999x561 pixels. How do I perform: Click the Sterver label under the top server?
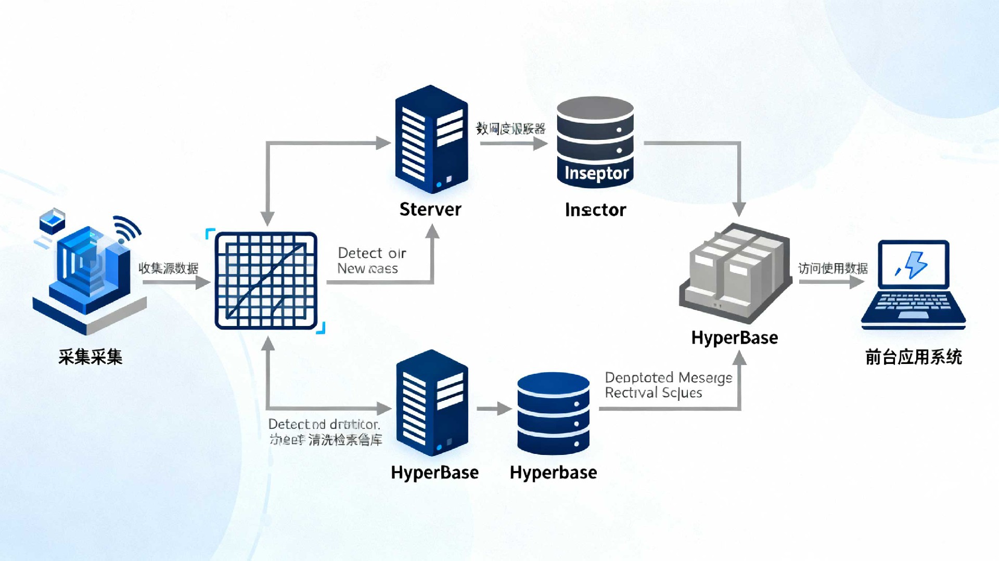pos(430,209)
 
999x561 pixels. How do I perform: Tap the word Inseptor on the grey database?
pos(596,173)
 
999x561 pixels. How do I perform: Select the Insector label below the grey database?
pos(596,210)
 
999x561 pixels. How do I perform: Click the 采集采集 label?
pos(91,357)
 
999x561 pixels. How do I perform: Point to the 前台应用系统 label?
pos(913,357)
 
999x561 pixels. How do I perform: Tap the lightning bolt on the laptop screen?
pos(915,264)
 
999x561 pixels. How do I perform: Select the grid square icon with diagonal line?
pos(266,281)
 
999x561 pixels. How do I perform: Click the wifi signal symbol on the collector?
pos(126,229)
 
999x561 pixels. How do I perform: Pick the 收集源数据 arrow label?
pos(168,268)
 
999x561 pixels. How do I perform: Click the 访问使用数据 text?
pos(833,268)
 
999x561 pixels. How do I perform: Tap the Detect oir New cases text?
pos(371,260)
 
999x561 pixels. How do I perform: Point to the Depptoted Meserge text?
pos(668,377)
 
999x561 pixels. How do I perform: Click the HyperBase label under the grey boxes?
pos(734,338)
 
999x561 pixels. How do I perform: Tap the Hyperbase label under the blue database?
pos(553,473)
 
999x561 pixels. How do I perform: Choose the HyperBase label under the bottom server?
pos(434,473)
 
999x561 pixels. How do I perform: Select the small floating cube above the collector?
pos(52,221)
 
